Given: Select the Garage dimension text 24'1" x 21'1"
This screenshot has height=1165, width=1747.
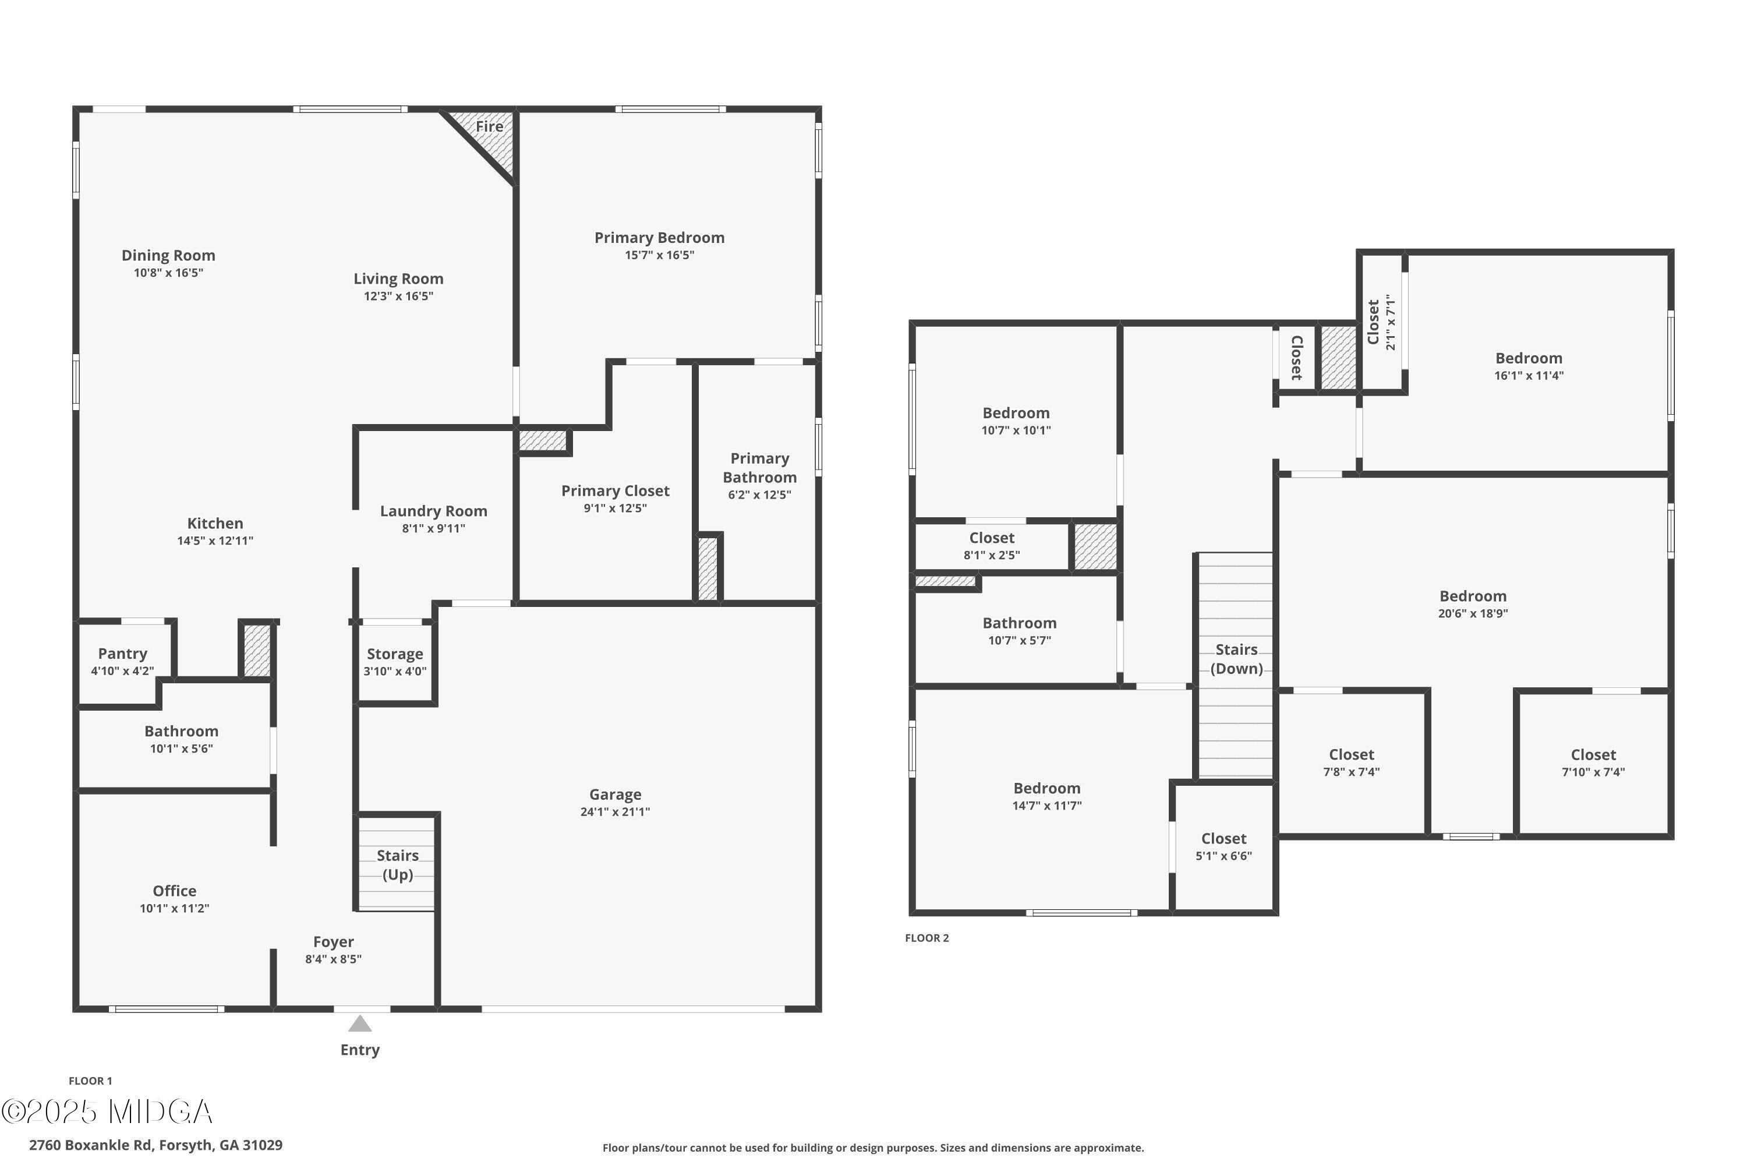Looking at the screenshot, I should pyautogui.click(x=614, y=812).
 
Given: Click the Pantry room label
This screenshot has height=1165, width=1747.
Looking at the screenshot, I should pyautogui.click(x=122, y=653).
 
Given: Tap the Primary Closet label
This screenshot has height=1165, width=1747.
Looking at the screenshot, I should pyautogui.click(x=614, y=490).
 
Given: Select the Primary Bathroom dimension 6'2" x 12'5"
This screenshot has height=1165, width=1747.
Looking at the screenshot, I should pyautogui.click(x=759, y=495).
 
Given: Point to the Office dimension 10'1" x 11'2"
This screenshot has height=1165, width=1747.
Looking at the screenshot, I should pyautogui.click(x=175, y=908).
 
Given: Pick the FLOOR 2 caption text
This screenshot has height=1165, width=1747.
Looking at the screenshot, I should pyautogui.click(x=926, y=938).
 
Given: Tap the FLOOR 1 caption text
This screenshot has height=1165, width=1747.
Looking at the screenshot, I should pyautogui.click(x=90, y=1081).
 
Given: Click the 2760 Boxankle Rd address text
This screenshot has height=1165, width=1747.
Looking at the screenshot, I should pyautogui.click(x=155, y=1145).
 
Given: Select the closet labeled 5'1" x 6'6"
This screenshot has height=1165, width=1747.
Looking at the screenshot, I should pyautogui.click(x=1223, y=846).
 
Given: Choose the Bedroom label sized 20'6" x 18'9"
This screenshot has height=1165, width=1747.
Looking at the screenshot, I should pyautogui.click(x=1472, y=596).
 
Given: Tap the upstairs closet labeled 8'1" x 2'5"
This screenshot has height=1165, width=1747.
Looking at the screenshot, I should pyautogui.click(x=991, y=545).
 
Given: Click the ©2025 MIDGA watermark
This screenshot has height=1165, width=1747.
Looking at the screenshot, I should pyautogui.click(x=107, y=1112).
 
